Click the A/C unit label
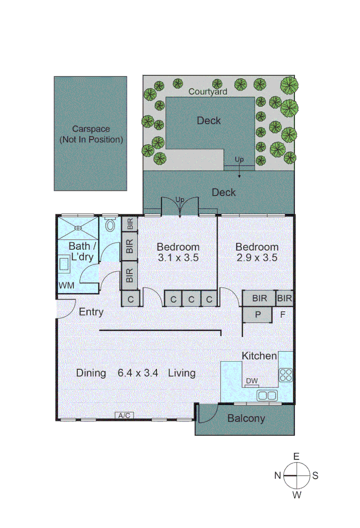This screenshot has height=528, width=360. point(124,416)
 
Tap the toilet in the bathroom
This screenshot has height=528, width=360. point(110,225)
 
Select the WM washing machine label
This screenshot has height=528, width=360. point(67,285)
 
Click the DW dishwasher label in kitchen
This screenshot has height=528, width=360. point(252,381)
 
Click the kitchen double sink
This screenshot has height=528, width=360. point(267,395)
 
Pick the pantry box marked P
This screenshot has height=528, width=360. point(257,314)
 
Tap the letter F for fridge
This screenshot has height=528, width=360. point(282,314)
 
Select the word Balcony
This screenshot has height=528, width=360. point(246,418)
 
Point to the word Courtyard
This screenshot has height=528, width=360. point(208,91)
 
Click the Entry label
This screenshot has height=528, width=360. point(91,312)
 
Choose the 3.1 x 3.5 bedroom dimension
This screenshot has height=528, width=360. point(178,258)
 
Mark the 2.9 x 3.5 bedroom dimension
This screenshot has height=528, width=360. point(257,258)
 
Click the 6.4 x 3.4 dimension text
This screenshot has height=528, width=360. point(138,374)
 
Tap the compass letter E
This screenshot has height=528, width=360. point(296,456)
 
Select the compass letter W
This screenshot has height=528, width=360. point(296,495)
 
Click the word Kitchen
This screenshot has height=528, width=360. point(259,355)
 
